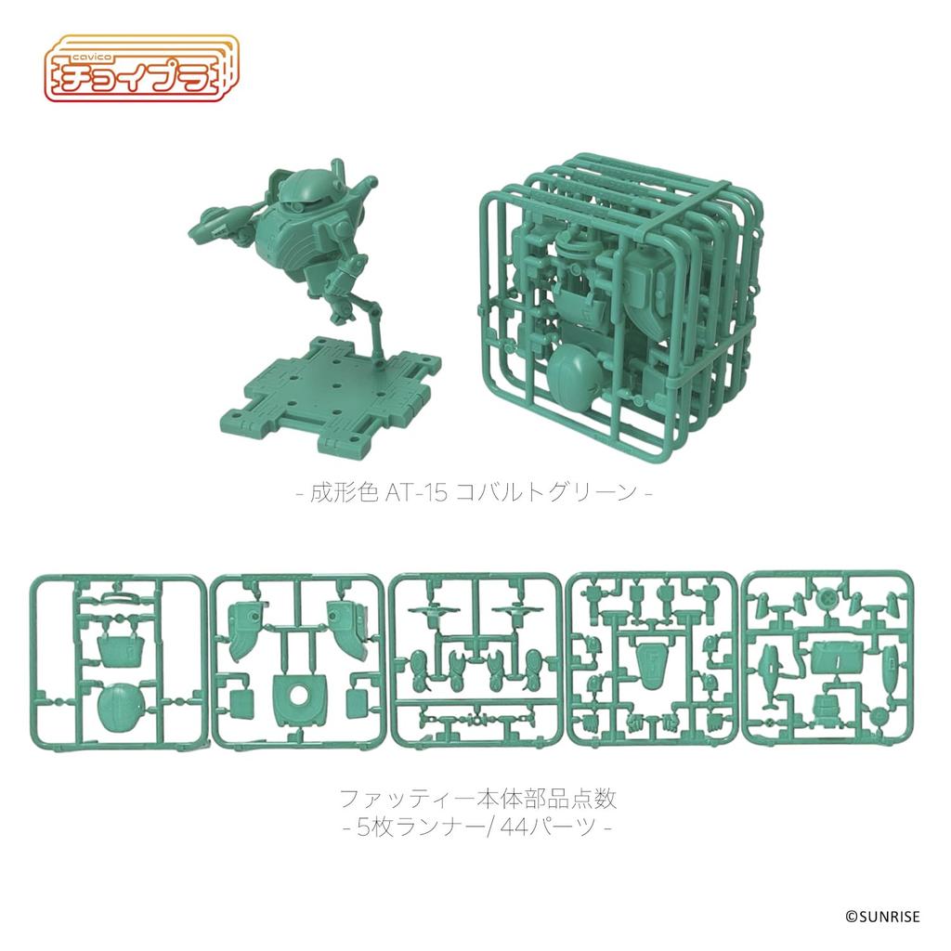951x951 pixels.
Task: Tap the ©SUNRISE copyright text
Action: [x=881, y=918]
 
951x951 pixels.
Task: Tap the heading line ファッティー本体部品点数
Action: [x=476, y=797]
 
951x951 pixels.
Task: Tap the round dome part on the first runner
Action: [x=121, y=709]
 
